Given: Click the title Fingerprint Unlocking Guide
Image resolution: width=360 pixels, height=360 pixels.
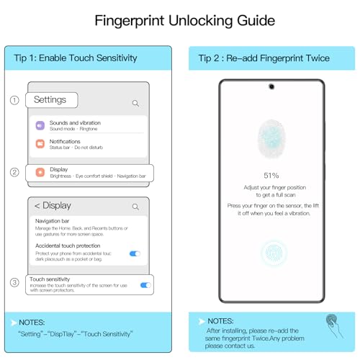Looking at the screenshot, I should (x=180, y=21).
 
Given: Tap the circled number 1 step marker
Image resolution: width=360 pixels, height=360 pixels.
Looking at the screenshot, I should (x=14, y=100).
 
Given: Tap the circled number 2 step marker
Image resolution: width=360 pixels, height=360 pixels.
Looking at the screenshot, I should (x=14, y=172).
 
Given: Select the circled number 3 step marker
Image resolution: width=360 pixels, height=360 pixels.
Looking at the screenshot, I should (x=14, y=282).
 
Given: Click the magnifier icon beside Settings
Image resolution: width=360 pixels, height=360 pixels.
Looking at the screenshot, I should (x=135, y=103).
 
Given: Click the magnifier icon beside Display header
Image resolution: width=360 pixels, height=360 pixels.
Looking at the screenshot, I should (x=135, y=207).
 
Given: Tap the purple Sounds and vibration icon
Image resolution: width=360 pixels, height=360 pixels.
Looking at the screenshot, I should (x=40, y=125).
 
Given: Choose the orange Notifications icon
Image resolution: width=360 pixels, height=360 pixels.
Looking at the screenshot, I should (x=40, y=144).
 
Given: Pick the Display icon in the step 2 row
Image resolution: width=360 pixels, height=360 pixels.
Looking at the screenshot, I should (x=40, y=172).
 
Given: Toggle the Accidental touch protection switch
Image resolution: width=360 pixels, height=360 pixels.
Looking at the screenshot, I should (x=135, y=253).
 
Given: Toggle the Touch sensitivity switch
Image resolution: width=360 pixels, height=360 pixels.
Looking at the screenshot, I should (x=145, y=285).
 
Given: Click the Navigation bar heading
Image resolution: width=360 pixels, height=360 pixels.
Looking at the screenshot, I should (x=53, y=221).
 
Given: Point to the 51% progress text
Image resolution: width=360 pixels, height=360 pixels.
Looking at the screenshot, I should (x=271, y=175).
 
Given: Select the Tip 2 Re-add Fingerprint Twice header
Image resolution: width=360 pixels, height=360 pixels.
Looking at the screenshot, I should (x=266, y=58).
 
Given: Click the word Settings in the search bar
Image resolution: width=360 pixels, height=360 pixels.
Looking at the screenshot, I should (x=50, y=100).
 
